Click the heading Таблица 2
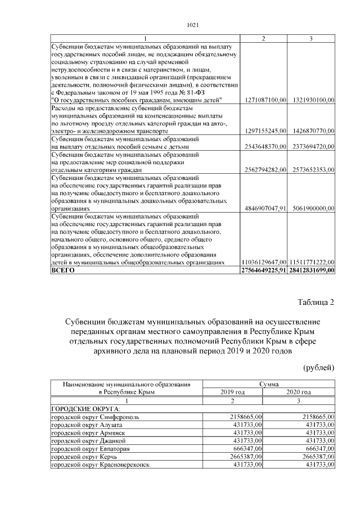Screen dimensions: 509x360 [316, 303]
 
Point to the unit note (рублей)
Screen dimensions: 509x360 [318, 368]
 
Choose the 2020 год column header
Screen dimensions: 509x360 [299, 392]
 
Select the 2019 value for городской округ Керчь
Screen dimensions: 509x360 [247, 457]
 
